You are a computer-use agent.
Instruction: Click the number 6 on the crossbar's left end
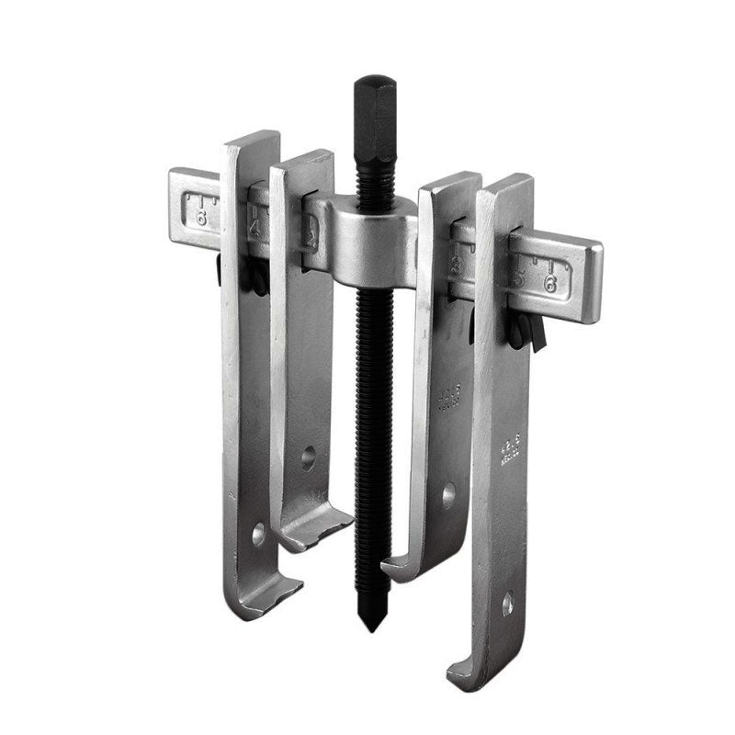200,219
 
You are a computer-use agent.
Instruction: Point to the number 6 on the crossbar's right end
549,284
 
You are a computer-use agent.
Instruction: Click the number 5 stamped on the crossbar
520,277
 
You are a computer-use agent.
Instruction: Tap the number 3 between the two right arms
457,267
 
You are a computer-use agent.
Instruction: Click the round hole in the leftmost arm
258,530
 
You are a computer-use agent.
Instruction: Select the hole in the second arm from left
308,452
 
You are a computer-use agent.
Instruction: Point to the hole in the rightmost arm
507,603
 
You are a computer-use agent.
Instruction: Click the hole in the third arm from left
448,495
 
